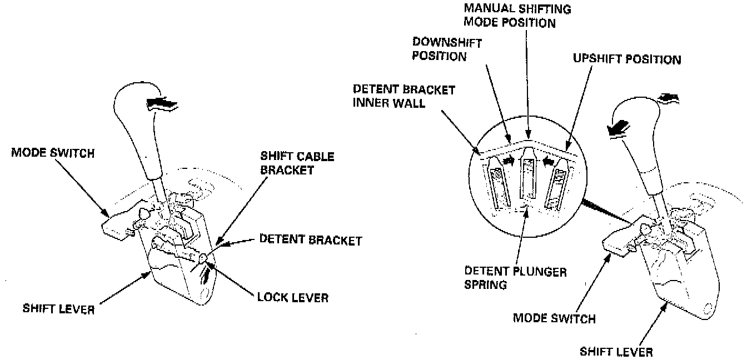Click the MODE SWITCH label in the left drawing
pos(53,153)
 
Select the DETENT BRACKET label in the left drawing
pos(310,241)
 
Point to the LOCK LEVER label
pos(292,298)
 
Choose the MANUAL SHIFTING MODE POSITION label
pos(510,17)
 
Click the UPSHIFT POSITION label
pos(626,59)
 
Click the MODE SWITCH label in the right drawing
pos(554,318)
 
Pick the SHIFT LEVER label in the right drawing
pos(616,351)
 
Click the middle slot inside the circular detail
pos(527,178)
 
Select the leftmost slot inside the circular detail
pos(499,183)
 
